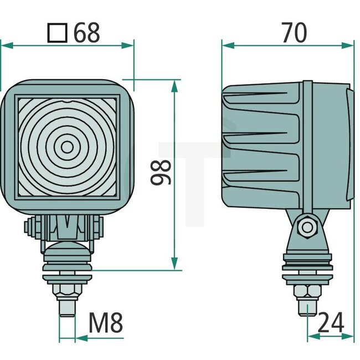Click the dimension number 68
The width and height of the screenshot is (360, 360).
coord(87,33)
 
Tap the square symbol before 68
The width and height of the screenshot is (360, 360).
coord(58,34)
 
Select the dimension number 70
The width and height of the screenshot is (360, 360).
coord(293,33)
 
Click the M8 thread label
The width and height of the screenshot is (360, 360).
coord(105,323)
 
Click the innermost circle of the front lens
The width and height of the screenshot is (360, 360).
coord(66,147)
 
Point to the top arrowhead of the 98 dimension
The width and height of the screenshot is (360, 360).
coord(175,85)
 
